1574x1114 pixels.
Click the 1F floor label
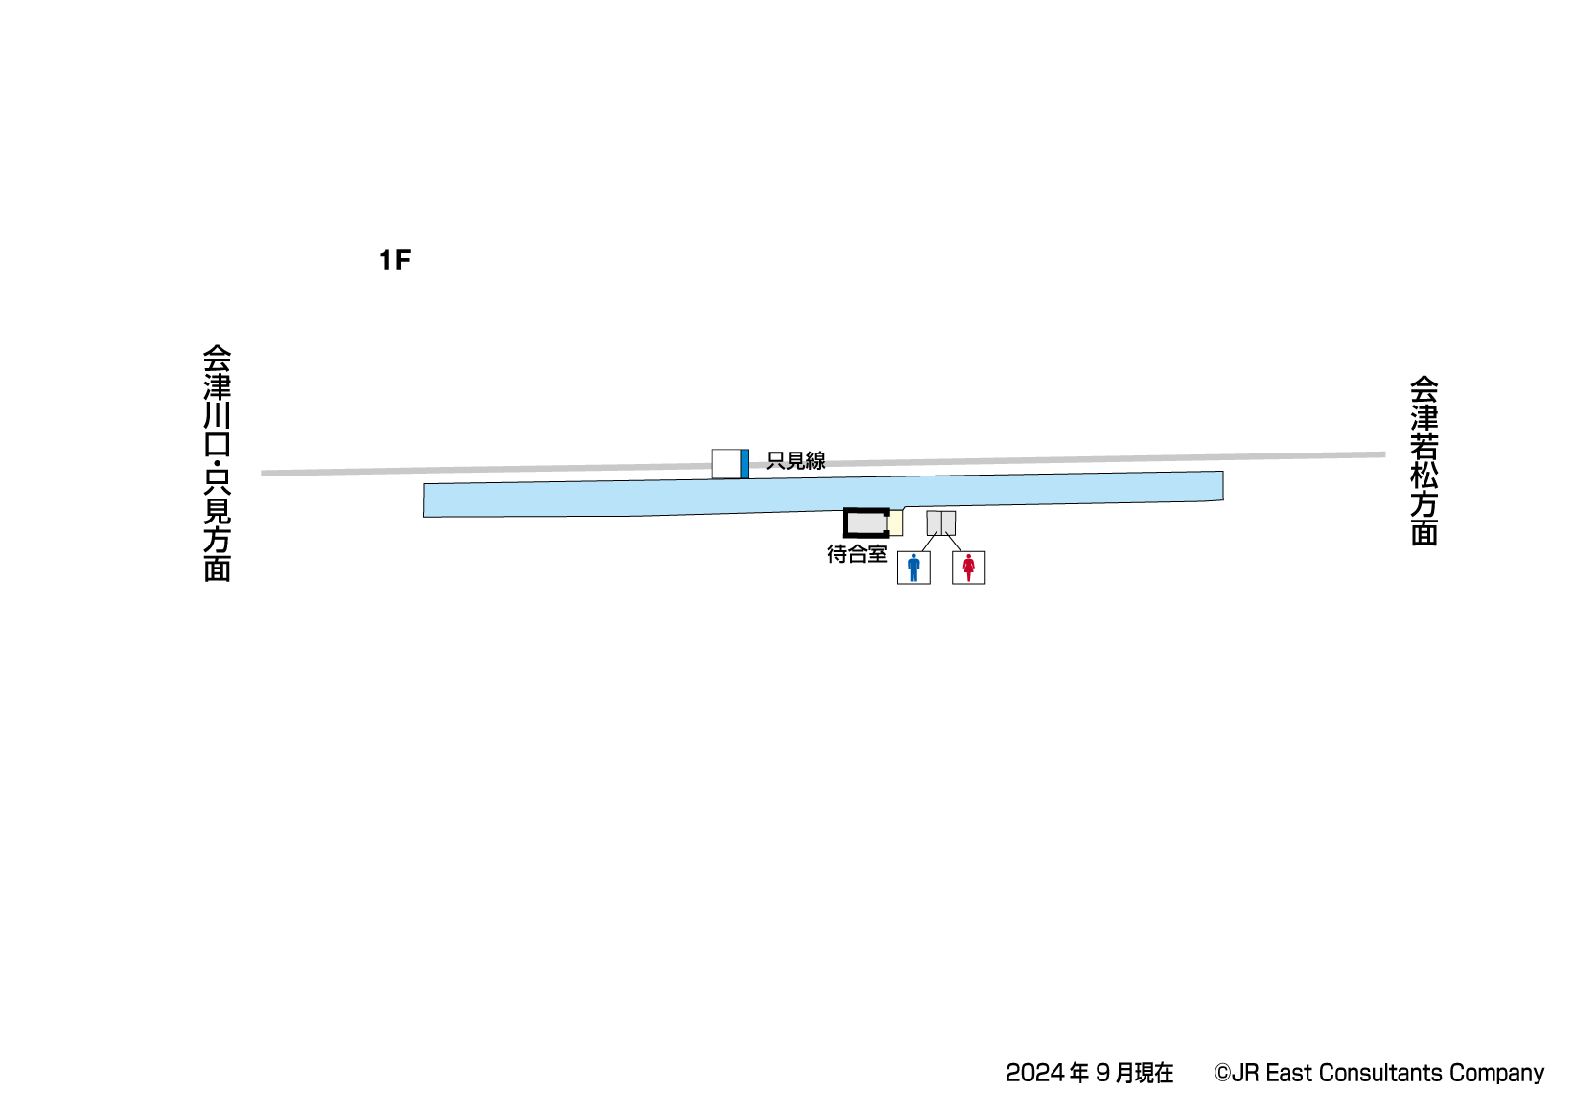pyautogui.click(x=394, y=261)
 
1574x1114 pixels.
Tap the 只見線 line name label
pyautogui.click(x=796, y=461)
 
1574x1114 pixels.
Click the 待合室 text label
pyautogui.click(x=857, y=554)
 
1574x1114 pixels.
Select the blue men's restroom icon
pyautogui.click(x=914, y=568)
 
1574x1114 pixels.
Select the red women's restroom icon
pyautogui.click(x=968, y=568)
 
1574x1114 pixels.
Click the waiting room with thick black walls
pyautogui.click(x=866, y=522)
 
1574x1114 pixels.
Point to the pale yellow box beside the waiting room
pyautogui.click(x=895, y=523)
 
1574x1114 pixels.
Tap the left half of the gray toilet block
pyautogui.click(x=934, y=522)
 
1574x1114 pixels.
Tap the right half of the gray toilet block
pyautogui.click(x=948, y=522)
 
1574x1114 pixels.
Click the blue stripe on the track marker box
pyautogui.click(x=744, y=464)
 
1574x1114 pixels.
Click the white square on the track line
pyautogui.click(x=726, y=464)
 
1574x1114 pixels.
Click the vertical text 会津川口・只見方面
pyautogui.click(x=218, y=463)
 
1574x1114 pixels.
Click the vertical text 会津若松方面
pyautogui.click(x=1424, y=460)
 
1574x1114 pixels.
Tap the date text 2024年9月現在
pyautogui.click(x=1089, y=1073)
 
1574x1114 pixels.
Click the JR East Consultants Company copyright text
pyautogui.click(x=1378, y=1073)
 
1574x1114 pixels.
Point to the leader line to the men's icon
pyautogui.click(x=928, y=544)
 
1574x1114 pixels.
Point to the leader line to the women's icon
pyautogui.click(x=954, y=544)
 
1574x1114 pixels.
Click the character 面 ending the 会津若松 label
pyautogui.click(x=1424, y=533)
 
